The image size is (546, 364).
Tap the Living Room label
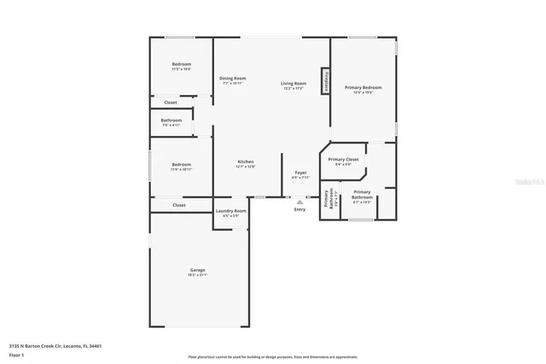[293, 84]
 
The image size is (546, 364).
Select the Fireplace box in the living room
[325, 80]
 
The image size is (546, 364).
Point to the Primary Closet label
[343, 160]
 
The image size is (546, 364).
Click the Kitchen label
[246, 162]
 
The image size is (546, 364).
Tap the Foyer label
[300, 173]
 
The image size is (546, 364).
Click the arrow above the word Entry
[299, 202]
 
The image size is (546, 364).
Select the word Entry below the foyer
[299, 209]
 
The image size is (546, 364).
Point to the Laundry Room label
[230, 211]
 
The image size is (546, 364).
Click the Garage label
[197, 270]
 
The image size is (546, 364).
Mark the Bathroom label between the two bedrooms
[171, 120]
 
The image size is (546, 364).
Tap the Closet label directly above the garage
[179, 205]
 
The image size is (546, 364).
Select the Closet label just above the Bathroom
[171, 103]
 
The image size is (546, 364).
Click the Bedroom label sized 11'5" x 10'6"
[181, 65]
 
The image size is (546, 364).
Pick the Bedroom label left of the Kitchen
[181, 165]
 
